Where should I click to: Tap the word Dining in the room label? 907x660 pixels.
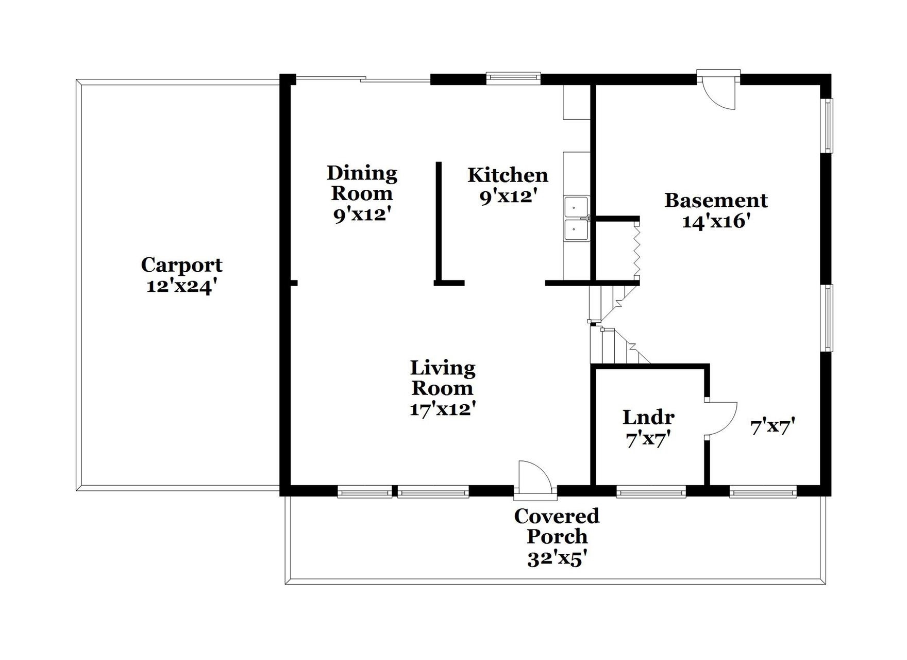362,173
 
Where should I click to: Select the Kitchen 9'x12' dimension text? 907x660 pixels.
509,196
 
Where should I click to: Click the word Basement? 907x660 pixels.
716,200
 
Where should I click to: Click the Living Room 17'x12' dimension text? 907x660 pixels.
442,409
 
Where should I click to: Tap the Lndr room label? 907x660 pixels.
648,417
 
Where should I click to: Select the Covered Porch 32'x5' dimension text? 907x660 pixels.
557,558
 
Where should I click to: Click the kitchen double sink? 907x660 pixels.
577,219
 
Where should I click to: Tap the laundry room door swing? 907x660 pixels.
721,419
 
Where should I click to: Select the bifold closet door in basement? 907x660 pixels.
637,251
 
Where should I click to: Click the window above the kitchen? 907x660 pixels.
513,78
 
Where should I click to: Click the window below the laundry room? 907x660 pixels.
651,492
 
